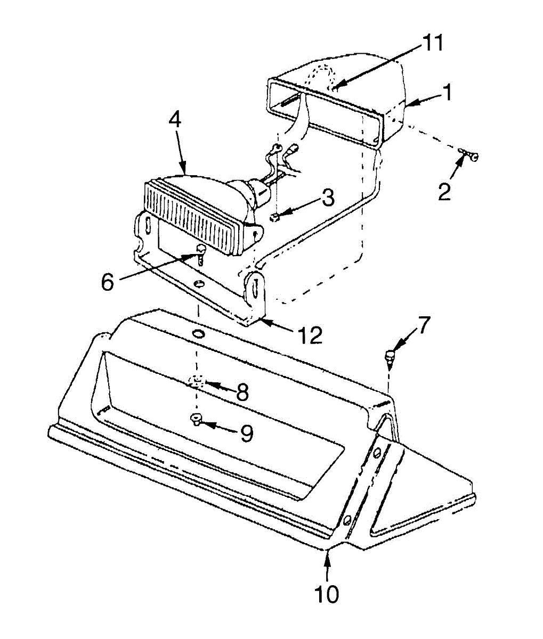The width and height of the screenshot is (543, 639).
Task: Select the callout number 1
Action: (448, 93)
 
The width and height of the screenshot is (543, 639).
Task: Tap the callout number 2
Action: (444, 191)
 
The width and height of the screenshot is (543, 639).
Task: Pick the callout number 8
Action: (242, 392)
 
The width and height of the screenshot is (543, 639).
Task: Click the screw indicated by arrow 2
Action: (469, 155)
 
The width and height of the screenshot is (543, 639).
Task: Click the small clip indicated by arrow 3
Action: (275, 217)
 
